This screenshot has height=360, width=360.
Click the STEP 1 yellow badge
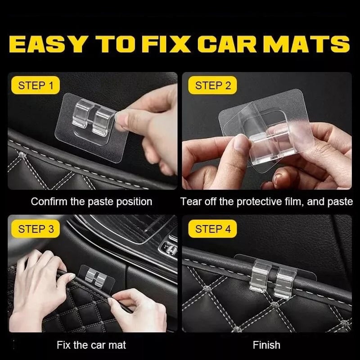click(38, 85)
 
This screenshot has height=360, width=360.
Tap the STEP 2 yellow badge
click(213, 85)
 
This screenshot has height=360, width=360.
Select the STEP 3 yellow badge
click(36, 229)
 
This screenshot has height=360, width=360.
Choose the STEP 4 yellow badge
click(213, 229)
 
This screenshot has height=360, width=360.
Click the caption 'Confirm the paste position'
click(91, 202)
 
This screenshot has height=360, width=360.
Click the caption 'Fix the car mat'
click(91, 346)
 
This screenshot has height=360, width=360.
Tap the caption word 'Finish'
click(266, 346)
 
